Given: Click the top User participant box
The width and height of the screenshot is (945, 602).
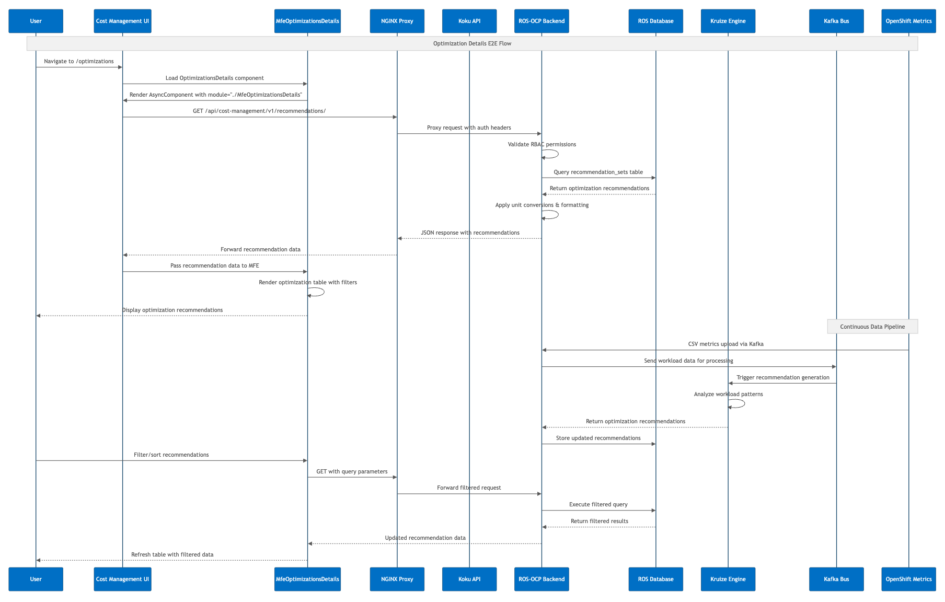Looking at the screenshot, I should (36, 21).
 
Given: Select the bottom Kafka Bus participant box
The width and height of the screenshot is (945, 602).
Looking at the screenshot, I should (836, 579).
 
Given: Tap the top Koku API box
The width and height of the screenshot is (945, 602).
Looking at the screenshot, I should (469, 21).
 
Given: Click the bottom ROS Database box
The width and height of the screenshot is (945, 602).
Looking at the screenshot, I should (655, 579).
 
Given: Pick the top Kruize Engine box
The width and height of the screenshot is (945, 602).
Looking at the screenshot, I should (728, 21).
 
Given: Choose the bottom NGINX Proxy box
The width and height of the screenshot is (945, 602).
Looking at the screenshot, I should (397, 579).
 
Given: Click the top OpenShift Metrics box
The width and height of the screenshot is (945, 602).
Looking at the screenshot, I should (908, 21).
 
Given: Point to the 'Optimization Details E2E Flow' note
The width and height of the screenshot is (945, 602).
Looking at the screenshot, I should (472, 43).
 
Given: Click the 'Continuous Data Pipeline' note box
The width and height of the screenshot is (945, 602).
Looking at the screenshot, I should (872, 327).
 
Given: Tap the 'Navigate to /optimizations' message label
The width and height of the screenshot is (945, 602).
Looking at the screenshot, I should (79, 61).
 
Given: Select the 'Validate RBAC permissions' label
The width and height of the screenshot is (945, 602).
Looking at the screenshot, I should (541, 144).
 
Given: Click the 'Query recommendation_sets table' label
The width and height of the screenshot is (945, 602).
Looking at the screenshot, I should (598, 172).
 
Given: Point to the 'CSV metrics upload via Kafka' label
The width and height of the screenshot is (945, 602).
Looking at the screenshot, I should (725, 344).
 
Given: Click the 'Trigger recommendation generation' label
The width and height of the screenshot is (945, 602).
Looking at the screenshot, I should (782, 377).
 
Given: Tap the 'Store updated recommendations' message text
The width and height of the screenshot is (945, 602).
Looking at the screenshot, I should (598, 438).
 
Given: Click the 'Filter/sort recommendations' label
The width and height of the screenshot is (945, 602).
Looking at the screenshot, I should (171, 455).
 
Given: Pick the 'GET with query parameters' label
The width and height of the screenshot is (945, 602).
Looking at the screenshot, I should (352, 471).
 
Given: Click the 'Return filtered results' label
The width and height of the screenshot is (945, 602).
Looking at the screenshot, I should (599, 521).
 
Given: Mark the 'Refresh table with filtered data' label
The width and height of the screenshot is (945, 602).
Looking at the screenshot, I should (172, 554).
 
